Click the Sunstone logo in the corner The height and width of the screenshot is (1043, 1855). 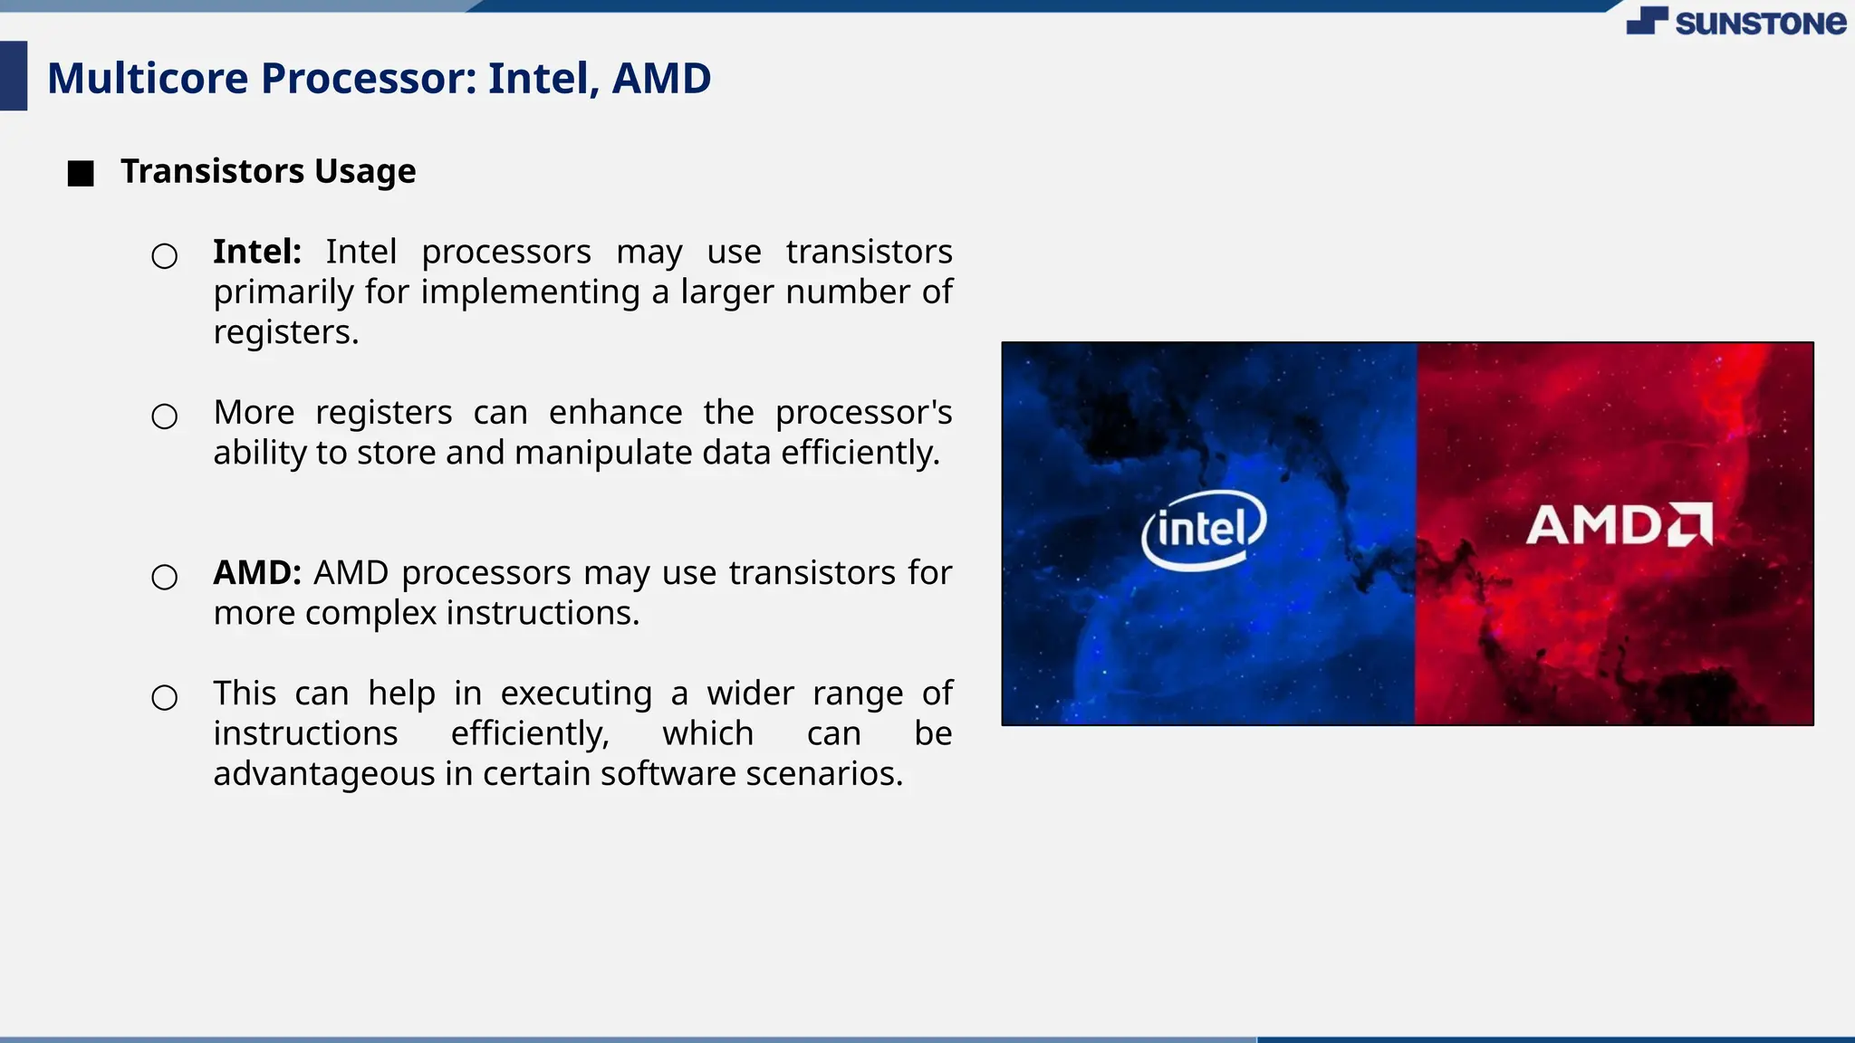tap(1735, 22)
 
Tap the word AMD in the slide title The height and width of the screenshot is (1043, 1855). tap(661, 78)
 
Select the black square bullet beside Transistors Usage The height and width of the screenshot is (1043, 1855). tap(81, 173)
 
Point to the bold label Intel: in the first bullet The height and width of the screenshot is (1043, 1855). tap(257, 252)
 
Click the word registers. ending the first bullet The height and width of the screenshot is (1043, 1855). tap(285, 332)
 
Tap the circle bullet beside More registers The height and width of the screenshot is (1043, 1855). tap(164, 416)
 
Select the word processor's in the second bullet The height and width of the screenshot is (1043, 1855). tap(863, 413)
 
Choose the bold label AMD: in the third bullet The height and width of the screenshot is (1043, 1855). tap(257, 573)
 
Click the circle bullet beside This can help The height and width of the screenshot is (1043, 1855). tap(164, 698)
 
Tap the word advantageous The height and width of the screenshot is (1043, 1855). tap(323, 774)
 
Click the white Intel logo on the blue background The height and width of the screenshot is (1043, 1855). tap(1203, 529)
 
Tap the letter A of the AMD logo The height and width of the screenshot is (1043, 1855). tap(1549, 525)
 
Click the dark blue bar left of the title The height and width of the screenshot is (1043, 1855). tap(14, 76)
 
